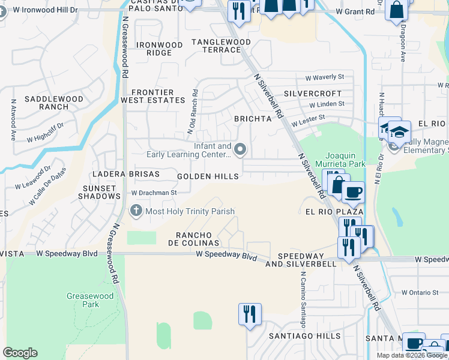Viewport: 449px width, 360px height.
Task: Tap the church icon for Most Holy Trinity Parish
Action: tap(136, 211)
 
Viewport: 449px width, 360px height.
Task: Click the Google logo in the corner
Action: tap(20, 353)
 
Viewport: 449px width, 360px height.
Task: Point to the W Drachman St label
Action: tap(154, 193)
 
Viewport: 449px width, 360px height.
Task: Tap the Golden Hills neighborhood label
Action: tap(208, 176)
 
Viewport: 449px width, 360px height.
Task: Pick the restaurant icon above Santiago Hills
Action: tap(249, 313)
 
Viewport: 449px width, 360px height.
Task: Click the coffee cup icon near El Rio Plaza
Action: tap(353, 192)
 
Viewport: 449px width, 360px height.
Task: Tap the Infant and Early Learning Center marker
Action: tap(241, 149)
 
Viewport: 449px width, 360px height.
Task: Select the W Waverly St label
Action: tap(324, 77)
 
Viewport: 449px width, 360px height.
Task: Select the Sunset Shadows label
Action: tap(100, 192)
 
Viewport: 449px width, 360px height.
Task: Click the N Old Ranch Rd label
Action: tap(193, 111)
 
